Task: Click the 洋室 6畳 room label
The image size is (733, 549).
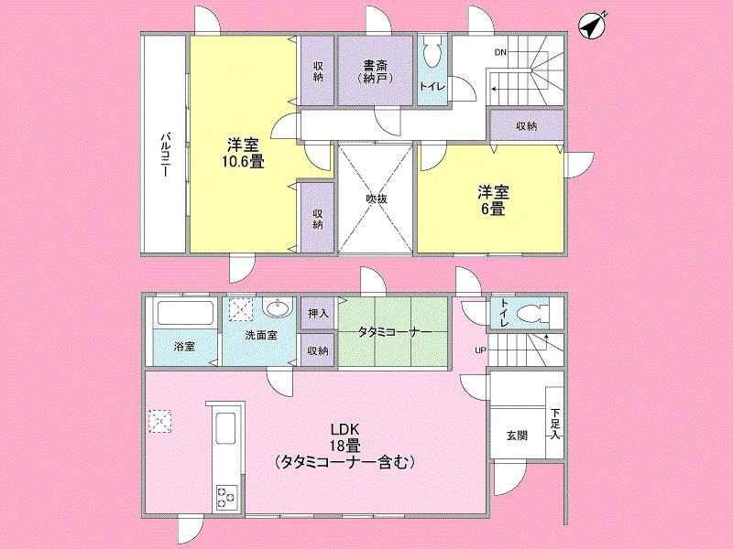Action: [x=492, y=199]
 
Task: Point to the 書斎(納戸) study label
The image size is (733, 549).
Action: [x=373, y=71]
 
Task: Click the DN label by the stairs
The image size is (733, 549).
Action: [x=500, y=52]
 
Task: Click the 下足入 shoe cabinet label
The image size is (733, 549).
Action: [x=555, y=425]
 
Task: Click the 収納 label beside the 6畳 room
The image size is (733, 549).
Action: [x=525, y=126]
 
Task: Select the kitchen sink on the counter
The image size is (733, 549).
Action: [x=224, y=429]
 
